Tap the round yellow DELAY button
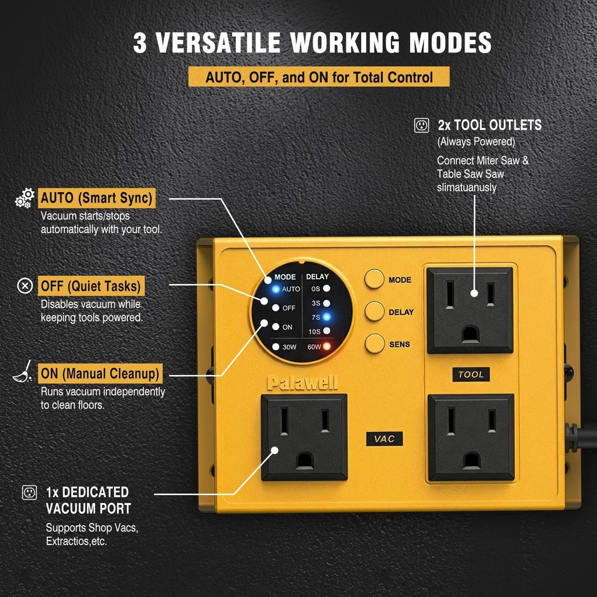pyautogui.click(x=374, y=312)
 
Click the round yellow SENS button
pyautogui.click(x=374, y=344)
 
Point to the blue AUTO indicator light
pyautogui.click(x=275, y=289)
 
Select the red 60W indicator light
pyautogui.click(x=327, y=346)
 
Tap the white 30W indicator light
pyautogui.click(x=275, y=346)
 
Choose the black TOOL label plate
pyautogui.click(x=471, y=374)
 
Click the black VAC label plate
pyautogui.click(x=384, y=439)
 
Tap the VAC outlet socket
pyautogui.click(x=304, y=437)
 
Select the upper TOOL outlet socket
pyautogui.click(x=470, y=310)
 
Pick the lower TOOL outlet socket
pyautogui.click(x=471, y=437)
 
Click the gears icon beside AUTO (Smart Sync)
pyautogui.click(x=24, y=198)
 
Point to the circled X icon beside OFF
pyautogui.click(x=24, y=286)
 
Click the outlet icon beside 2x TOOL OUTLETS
pyautogui.click(x=421, y=125)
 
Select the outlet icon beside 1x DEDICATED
pyautogui.click(x=29, y=493)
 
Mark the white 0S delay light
pyautogui.click(x=327, y=289)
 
